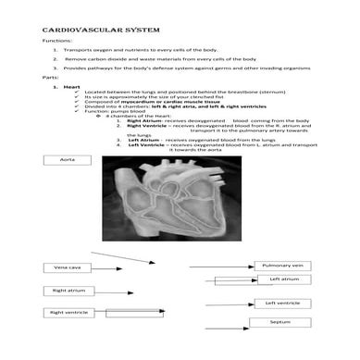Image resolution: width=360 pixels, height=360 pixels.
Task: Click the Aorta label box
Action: [68, 160]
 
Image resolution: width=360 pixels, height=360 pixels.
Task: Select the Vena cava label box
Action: [68, 267]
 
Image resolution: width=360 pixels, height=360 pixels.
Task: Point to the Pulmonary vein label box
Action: [282, 266]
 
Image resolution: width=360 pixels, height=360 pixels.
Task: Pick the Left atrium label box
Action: [284, 279]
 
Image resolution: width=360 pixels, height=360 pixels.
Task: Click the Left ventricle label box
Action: [282, 303]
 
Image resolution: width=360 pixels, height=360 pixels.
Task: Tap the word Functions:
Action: [56, 42]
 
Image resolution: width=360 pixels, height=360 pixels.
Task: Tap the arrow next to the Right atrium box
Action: [111, 291]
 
